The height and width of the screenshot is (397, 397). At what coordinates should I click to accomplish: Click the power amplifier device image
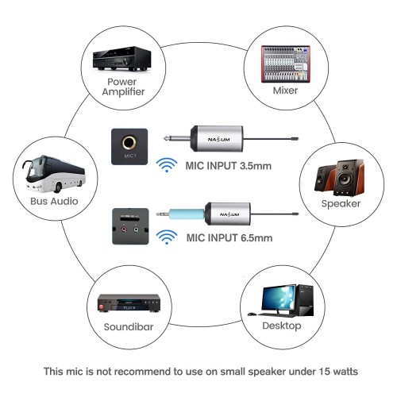pyautogui.click(x=121, y=59)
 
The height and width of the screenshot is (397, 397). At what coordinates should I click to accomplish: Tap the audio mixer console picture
pyautogui.click(x=286, y=64)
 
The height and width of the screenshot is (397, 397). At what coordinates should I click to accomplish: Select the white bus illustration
pyautogui.click(x=55, y=174)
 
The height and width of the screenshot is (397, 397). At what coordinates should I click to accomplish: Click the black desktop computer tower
pyautogui.click(x=306, y=300)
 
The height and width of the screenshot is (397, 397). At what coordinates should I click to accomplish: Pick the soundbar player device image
pyautogui.click(x=129, y=303)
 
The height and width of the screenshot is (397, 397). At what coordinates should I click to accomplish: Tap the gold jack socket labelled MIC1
pyautogui.click(x=129, y=142)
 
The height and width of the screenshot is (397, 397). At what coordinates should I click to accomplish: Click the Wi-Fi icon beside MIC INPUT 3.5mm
pyautogui.click(x=167, y=165)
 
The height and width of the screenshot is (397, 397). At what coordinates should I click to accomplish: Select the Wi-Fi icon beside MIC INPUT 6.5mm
pyautogui.click(x=167, y=237)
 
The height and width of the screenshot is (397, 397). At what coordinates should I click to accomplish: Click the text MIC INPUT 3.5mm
pyautogui.click(x=229, y=166)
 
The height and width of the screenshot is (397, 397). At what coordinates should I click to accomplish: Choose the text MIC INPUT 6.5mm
pyautogui.click(x=229, y=237)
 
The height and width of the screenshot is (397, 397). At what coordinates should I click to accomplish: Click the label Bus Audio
pyautogui.click(x=54, y=201)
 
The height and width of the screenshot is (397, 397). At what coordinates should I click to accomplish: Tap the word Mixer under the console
pyautogui.click(x=285, y=91)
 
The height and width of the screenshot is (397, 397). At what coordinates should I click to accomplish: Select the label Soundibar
pyautogui.click(x=129, y=327)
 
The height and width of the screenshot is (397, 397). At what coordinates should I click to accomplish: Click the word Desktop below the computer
pyautogui.click(x=282, y=326)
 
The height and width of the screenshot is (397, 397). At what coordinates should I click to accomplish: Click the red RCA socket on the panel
pyautogui.click(x=124, y=229)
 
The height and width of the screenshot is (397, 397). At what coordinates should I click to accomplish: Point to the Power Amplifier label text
pyautogui.click(x=123, y=87)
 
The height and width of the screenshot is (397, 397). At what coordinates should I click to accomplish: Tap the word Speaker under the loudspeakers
pyautogui.click(x=341, y=204)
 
